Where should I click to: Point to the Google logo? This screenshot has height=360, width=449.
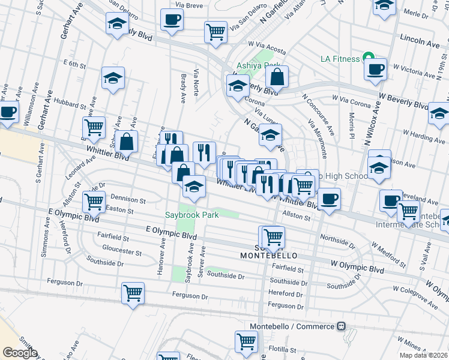(x=20, y=353)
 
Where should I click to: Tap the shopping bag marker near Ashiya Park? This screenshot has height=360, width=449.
(x=277, y=77)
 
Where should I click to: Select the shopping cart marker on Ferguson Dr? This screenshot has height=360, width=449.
(x=133, y=293)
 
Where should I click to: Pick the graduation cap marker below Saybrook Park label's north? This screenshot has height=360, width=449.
(x=194, y=187)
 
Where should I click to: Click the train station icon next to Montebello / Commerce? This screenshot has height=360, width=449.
(x=341, y=326)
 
